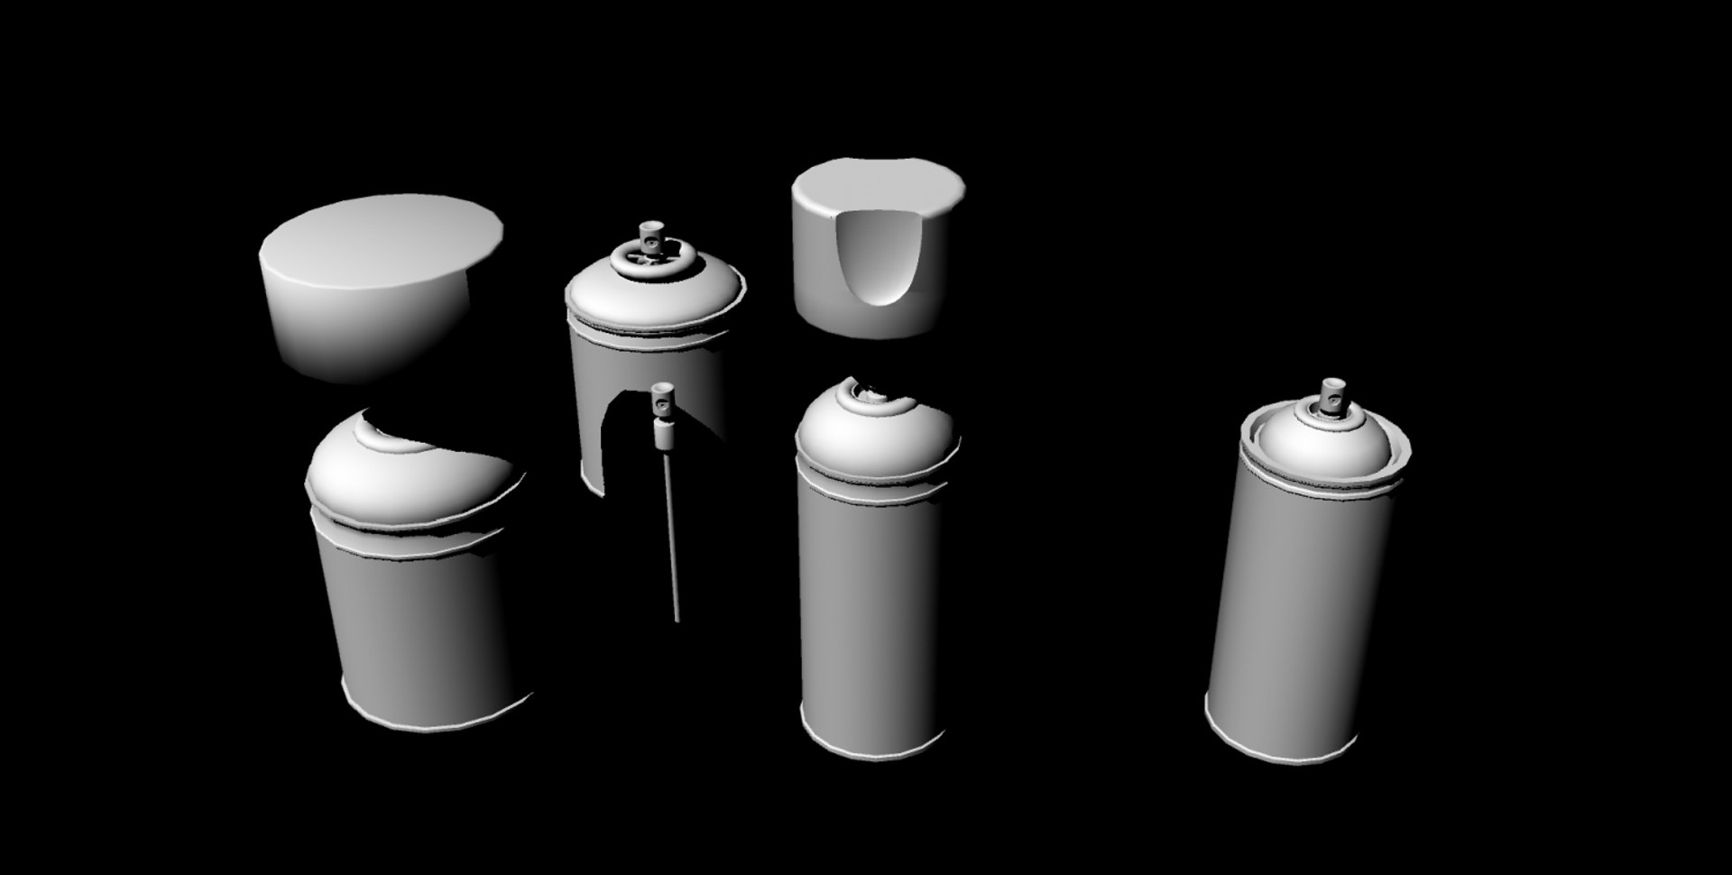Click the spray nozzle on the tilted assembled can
point(1329,397)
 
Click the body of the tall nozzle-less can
point(871,613)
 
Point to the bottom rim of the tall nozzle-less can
point(871,753)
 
